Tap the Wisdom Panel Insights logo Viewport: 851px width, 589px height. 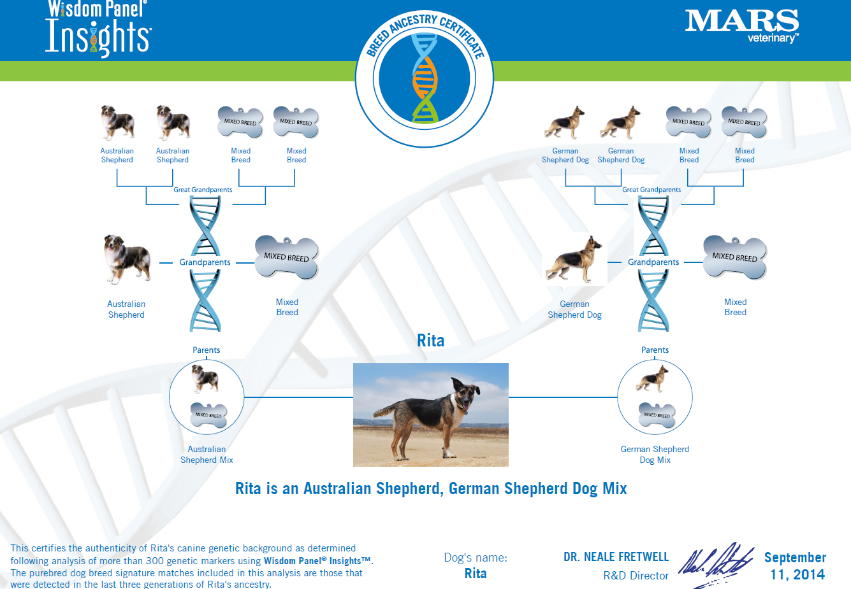coord(98,29)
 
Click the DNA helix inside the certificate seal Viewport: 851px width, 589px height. coord(425,78)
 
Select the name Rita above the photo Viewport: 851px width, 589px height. coord(430,341)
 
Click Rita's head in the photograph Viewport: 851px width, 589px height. coord(465,395)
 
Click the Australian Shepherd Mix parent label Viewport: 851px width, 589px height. coord(207,454)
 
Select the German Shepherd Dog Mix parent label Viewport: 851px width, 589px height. coord(655,454)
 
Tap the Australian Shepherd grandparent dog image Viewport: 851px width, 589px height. coord(127,260)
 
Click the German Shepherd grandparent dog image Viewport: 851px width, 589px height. coord(574,259)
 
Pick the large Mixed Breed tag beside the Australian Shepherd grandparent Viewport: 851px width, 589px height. coord(286,257)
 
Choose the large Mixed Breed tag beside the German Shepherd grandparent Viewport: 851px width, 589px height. coord(735,257)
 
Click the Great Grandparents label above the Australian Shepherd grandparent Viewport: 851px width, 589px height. coord(203,189)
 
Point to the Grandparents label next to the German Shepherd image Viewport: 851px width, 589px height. coord(653,262)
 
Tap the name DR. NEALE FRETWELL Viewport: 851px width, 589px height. coord(616,557)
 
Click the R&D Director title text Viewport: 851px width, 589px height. coord(636,576)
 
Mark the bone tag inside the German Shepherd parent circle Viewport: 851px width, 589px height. coord(657,415)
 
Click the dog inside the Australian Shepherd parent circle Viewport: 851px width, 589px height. coord(205,378)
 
